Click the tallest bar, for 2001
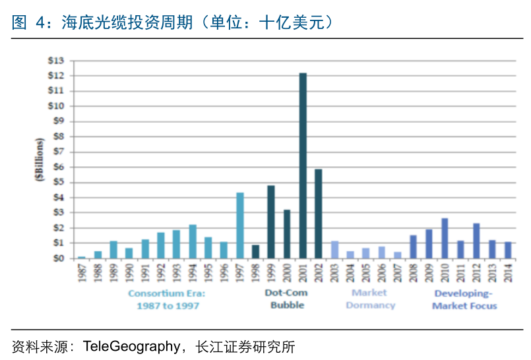click(x=303, y=165)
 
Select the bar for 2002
click(x=319, y=214)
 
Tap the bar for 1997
click(x=240, y=225)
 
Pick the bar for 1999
click(x=271, y=222)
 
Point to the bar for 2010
click(x=445, y=238)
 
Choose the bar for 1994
click(x=193, y=241)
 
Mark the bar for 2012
click(x=476, y=241)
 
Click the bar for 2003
click(x=334, y=249)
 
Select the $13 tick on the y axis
click(x=55, y=61)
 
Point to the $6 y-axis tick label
click(x=57, y=167)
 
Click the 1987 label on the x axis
click(x=82, y=272)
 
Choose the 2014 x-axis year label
click(x=508, y=272)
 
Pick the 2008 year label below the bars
click(x=414, y=272)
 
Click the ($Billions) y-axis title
click(x=40, y=161)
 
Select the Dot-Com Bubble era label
click(x=286, y=299)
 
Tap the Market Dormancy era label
click(x=370, y=299)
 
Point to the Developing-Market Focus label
click(x=464, y=299)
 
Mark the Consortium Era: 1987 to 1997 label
click(x=168, y=299)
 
